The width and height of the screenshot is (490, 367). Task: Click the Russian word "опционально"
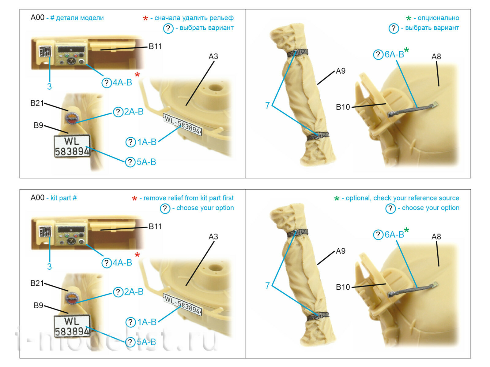point(438,18)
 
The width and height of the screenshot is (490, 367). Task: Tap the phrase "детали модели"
point(80,18)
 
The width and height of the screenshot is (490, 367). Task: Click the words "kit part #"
point(63,198)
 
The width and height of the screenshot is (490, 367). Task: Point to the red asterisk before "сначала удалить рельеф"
point(145,18)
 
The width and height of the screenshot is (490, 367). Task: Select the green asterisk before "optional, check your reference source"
point(337,198)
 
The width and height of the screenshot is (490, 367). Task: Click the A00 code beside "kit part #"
point(37,198)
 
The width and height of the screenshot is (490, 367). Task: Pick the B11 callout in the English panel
point(155,226)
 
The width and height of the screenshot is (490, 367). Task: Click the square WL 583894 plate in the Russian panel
point(72,146)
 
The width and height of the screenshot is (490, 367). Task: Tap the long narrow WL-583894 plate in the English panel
point(183,304)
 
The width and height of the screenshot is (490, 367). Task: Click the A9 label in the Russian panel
point(341,71)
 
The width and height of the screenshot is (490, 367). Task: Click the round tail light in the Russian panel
point(71,118)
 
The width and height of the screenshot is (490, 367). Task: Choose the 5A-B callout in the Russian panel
point(140,162)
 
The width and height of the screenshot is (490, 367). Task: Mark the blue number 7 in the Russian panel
point(267,106)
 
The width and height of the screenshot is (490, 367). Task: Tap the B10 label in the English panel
point(343,287)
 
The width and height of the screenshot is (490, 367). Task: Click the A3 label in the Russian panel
point(213,56)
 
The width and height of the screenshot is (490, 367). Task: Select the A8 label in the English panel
point(436,236)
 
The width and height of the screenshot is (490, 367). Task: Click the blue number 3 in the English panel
point(49,266)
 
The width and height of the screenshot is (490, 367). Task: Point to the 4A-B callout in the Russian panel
point(117,83)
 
